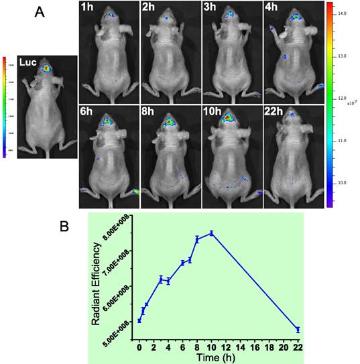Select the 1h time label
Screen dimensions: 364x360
[87, 9]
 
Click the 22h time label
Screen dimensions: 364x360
[275, 110]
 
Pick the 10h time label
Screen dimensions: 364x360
[214, 110]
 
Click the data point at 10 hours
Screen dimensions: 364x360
[211, 233]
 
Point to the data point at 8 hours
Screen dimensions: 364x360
[197, 239]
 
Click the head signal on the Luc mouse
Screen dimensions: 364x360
[46, 68]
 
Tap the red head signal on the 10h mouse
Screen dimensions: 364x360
[229, 118]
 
